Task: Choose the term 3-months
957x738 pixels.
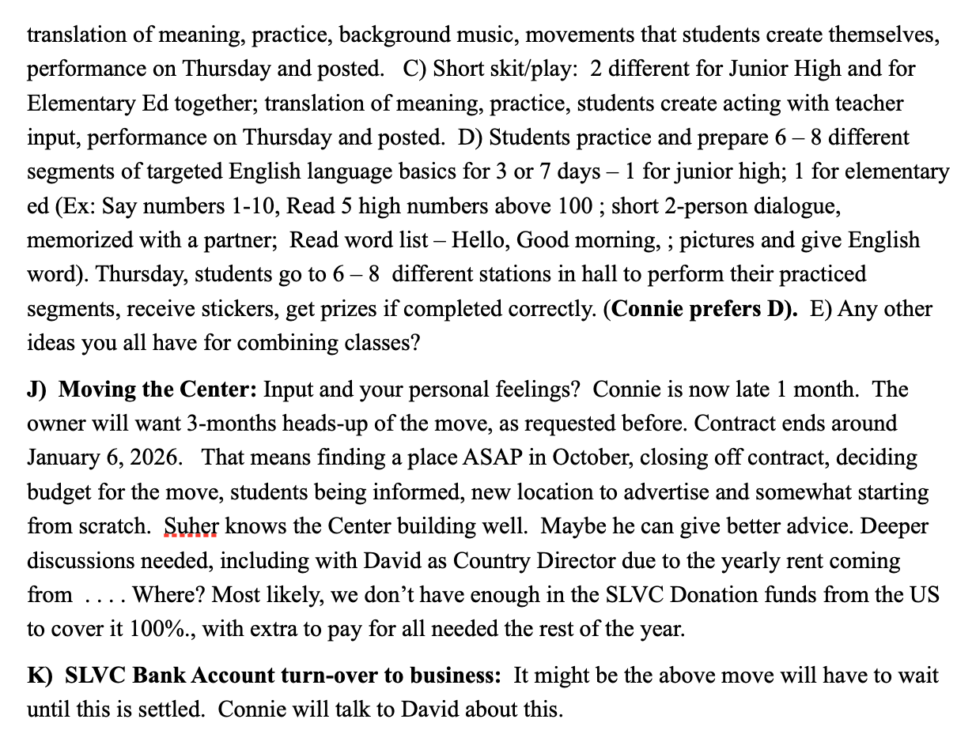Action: point(226,424)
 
